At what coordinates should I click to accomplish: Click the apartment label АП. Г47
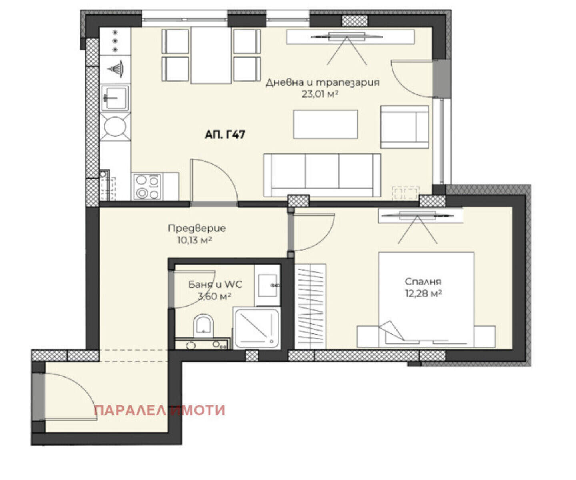225,135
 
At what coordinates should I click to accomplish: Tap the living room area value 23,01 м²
320,94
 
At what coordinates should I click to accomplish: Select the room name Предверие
197,228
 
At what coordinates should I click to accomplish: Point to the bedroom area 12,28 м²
423,293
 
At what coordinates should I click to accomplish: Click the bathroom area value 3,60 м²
214,296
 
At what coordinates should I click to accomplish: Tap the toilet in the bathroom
203,326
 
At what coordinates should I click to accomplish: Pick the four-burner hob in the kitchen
147,187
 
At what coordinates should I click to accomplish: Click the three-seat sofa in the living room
322,175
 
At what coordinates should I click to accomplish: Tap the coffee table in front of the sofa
326,124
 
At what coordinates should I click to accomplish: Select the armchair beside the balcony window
404,127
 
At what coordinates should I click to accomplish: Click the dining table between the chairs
211,56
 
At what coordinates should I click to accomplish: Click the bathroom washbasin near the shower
267,285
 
